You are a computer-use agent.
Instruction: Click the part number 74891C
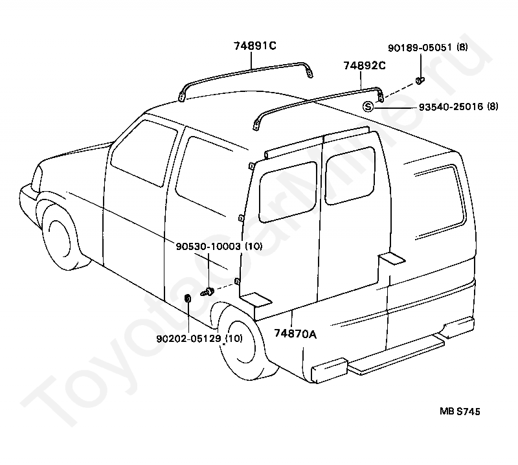[255, 45]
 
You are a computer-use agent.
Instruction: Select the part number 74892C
[365, 66]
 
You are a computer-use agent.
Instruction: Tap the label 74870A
[295, 334]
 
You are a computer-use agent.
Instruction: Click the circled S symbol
[368, 106]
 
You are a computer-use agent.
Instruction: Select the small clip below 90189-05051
[420, 80]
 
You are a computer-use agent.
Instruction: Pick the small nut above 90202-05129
[187, 299]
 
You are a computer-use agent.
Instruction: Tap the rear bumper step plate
[395, 356]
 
